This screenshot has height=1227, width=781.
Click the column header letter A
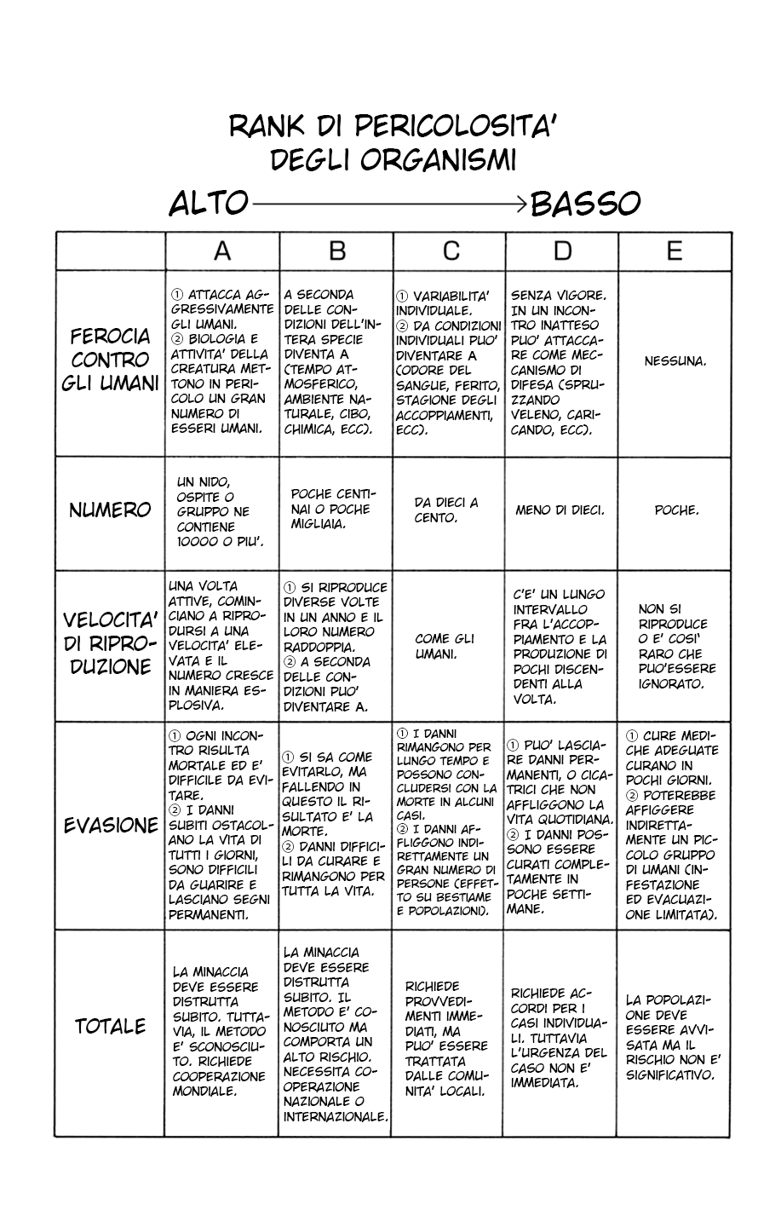[221, 251]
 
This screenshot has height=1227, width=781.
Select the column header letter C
[451, 251]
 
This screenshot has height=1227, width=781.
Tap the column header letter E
[674, 251]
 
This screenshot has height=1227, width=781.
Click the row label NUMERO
[110, 510]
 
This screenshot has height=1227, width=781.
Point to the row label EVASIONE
[111, 826]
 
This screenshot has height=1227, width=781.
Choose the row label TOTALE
[110, 1027]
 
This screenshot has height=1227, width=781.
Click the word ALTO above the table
[208, 204]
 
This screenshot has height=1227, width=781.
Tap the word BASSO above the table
[584, 204]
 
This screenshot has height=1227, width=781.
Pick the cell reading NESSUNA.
[675, 360]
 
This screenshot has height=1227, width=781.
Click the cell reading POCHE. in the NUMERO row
[676, 510]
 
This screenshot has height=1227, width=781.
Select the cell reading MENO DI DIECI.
[560, 510]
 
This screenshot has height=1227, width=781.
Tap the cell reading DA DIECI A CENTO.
[446, 510]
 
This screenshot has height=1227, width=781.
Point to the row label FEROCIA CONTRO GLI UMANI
[111, 360]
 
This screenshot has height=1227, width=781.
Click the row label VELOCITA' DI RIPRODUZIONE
[111, 643]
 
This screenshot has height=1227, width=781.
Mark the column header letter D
[562, 251]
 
